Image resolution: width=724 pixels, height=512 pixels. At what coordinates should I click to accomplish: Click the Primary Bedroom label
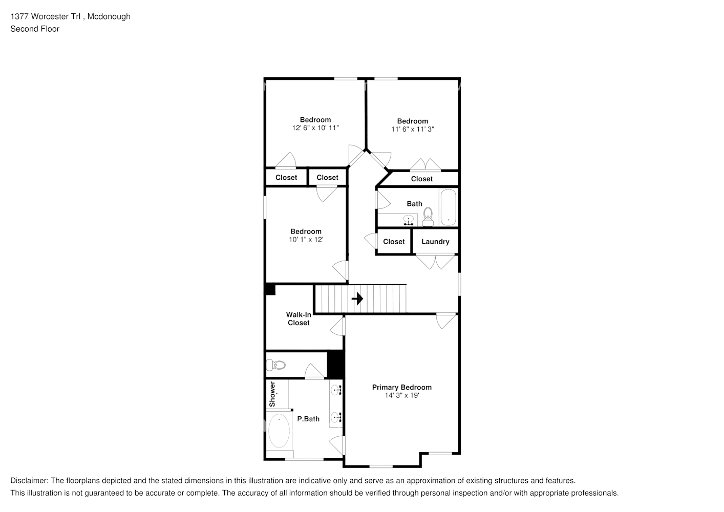[x=402, y=387]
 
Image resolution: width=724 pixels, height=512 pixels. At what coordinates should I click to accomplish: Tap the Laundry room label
[x=435, y=242]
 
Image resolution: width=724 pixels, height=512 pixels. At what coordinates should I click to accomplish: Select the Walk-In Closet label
[x=299, y=318]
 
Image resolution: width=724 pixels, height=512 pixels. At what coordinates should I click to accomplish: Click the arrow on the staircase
[x=357, y=298]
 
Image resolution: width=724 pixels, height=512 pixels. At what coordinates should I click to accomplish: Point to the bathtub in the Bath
[x=449, y=207]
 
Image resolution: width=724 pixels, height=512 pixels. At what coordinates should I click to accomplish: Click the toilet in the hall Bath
[x=428, y=217]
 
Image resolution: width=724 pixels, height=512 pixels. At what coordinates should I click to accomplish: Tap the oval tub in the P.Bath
[x=279, y=432]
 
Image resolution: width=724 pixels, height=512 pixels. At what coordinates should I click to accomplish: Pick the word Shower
[x=272, y=394]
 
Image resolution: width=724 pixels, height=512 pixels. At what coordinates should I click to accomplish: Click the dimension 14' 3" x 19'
[x=402, y=395]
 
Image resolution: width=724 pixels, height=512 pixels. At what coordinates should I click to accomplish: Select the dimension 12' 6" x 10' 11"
[x=315, y=127]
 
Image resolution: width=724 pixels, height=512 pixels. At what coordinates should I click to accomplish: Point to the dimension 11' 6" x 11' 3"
[x=412, y=129]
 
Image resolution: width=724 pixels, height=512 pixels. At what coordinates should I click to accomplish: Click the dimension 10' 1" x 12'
[x=306, y=240]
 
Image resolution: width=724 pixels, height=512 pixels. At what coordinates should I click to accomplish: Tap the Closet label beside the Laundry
[x=394, y=242]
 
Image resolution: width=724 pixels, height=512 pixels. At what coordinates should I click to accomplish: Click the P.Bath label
[x=308, y=419]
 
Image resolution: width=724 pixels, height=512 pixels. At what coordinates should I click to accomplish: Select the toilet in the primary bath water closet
[x=275, y=365]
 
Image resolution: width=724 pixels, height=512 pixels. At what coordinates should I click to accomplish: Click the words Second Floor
[x=35, y=29]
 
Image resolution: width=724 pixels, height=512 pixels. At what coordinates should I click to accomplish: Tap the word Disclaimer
[x=29, y=481]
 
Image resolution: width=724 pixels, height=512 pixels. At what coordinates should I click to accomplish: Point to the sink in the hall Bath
[x=409, y=220]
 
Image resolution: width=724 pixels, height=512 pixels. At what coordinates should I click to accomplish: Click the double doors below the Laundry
[x=435, y=262]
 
